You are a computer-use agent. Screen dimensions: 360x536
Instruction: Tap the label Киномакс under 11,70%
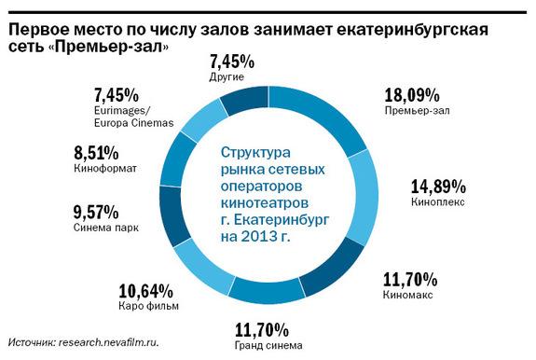[406, 294]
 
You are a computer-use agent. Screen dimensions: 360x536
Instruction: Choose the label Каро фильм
[148, 306]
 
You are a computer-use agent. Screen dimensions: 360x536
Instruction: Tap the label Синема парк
[103, 227]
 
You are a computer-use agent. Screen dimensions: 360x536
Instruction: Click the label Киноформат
[103, 170]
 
